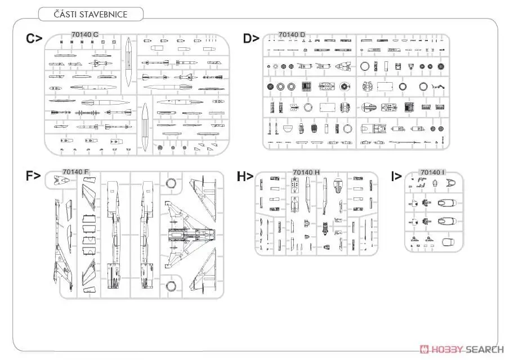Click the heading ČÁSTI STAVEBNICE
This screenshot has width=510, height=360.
[x=91, y=13]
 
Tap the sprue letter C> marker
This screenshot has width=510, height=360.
[x=34, y=39]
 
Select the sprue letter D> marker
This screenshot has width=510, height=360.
[x=251, y=39]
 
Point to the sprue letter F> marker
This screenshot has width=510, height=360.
[x=33, y=175]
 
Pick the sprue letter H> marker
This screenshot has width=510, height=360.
[x=245, y=176]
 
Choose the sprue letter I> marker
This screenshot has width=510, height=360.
[x=396, y=176]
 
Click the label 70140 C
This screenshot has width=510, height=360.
[x=85, y=35]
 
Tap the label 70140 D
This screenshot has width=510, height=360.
[x=292, y=35]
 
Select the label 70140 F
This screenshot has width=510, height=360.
[x=76, y=172]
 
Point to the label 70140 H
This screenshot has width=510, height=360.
[x=306, y=172]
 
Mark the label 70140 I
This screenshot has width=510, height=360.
[x=432, y=172]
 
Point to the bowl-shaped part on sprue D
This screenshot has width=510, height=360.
[x=287, y=129]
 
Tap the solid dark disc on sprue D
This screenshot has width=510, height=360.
[x=270, y=87]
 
